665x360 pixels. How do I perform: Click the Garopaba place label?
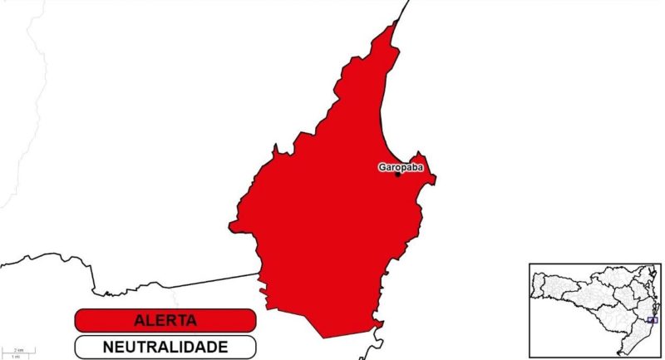point(401,167)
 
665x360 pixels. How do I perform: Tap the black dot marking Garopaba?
point(397,174)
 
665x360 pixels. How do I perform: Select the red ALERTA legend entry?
point(164,320)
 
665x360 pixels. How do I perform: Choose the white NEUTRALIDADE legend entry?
point(164,345)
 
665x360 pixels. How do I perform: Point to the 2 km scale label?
point(18,350)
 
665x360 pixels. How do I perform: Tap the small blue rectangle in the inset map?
point(652,319)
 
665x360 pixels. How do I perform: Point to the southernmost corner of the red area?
point(324,338)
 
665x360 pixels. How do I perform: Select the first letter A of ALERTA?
point(139,320)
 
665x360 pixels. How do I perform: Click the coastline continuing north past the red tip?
point(405,8)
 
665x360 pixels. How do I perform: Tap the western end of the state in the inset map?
point(534,288)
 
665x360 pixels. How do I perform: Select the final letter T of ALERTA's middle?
point(180,320)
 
